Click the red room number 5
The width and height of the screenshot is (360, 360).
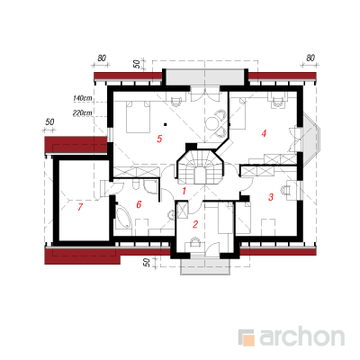point(159,139)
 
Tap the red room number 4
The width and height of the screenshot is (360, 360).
point(264,133)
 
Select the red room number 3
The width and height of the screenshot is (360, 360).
point(271,197)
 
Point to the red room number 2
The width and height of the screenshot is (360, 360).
point(195,224)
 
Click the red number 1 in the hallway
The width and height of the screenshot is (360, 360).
point(184,191)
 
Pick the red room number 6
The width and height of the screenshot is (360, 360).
point(139,204)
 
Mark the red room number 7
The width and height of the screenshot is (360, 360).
point(80,207)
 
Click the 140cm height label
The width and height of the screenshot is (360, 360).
point(83,98)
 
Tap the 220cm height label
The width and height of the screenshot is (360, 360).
point(83,112)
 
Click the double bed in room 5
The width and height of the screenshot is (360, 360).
point(138,117)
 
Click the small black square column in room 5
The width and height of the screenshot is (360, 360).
point(165,123)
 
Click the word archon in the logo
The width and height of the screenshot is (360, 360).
point(302,337)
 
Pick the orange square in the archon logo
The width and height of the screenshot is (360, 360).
point(248,340)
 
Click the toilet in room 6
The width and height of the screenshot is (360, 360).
point(136,185)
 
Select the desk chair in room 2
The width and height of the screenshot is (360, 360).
point(195,241)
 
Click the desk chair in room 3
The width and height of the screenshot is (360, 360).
point(286,190)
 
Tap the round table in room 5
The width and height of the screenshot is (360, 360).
point(212,123)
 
